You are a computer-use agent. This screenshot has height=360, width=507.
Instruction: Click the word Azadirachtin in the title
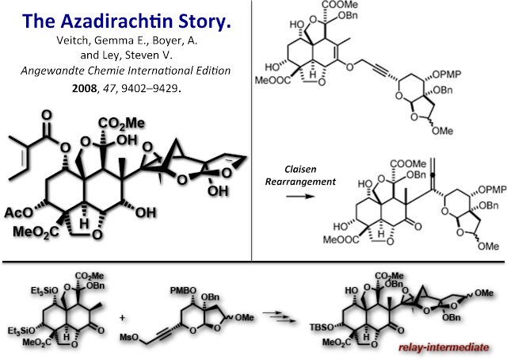[x=115, y=21]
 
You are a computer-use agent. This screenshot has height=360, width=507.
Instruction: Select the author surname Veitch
[x=73, y=40]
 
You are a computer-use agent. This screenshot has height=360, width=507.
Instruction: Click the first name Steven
[x=140, y=56]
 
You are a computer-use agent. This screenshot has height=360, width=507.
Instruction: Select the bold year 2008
[x=84, y=88]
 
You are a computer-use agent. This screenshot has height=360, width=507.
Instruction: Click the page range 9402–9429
[x=150, y=88]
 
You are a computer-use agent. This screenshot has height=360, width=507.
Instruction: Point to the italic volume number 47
[x=109, y=88]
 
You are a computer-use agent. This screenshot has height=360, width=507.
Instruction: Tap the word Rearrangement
[x=300, y=182]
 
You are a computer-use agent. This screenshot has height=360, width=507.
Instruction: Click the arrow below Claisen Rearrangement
[x=300, y=196]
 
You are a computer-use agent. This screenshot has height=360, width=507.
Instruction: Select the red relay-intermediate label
[x=444, y=347]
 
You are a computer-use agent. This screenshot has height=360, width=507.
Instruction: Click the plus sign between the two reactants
[x=122, y=318]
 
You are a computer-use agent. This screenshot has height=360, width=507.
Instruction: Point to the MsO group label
[x=129, y=338]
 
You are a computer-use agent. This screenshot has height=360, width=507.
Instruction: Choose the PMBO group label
[x=183, y=291]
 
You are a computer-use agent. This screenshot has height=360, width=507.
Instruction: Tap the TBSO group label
[x=322, y=327]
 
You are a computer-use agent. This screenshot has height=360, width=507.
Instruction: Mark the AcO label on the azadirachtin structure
[x=19, y=213]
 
